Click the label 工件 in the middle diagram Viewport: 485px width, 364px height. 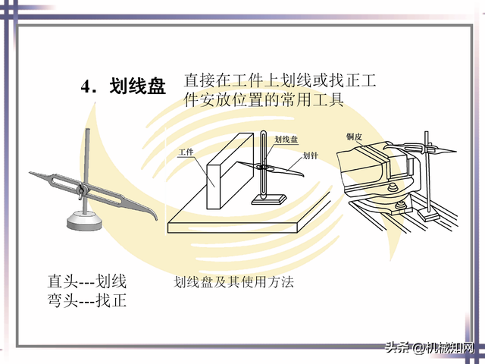[186, 153]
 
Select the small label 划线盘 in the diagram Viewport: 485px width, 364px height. [286, 140]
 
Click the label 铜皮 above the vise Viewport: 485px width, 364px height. [355, 136]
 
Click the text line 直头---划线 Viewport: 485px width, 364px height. [87, 281]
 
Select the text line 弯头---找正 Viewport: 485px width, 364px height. [87, 300]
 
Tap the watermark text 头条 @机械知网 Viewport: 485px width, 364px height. [430, 348]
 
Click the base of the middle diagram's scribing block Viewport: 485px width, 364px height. [269, 199]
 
